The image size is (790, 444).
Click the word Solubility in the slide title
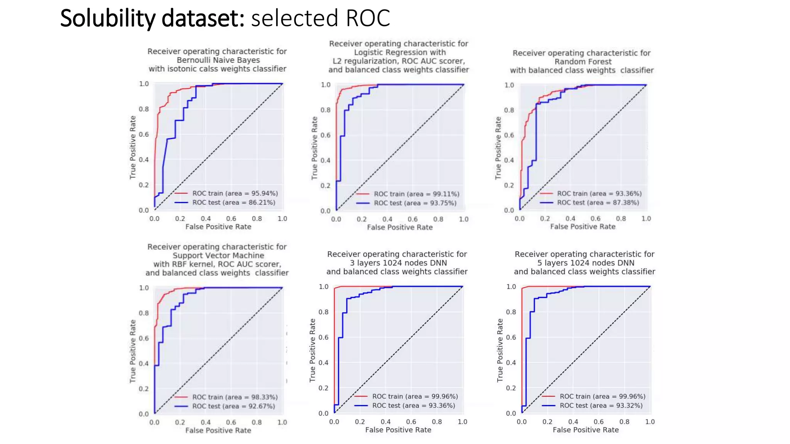pos(107,18)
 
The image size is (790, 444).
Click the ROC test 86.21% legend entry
pos(233,202)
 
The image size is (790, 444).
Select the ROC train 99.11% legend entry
pos(416,194)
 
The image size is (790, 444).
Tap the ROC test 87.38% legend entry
pos(598,202)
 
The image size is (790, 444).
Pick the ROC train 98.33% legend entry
pos(235,397)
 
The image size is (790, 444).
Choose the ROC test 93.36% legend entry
pos(413,405)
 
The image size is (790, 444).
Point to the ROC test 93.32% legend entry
pos(601,405)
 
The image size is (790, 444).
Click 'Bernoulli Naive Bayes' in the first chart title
pos(218,60)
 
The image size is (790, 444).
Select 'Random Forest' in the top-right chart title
pos(583,62)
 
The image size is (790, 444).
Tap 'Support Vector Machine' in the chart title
pos(218,256)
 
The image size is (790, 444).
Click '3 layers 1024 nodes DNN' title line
pos(398,263)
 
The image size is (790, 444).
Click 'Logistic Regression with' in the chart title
pos(400,52)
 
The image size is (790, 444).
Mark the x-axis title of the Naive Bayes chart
pos(218,227)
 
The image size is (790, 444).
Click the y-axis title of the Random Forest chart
pos(498,148)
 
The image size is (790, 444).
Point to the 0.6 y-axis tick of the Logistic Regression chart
pos(326,135)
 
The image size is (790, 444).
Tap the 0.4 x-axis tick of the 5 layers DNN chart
pos(573,422)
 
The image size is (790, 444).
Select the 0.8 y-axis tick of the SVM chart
pos(143,313)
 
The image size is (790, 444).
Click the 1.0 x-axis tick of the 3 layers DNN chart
pos(462,422)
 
